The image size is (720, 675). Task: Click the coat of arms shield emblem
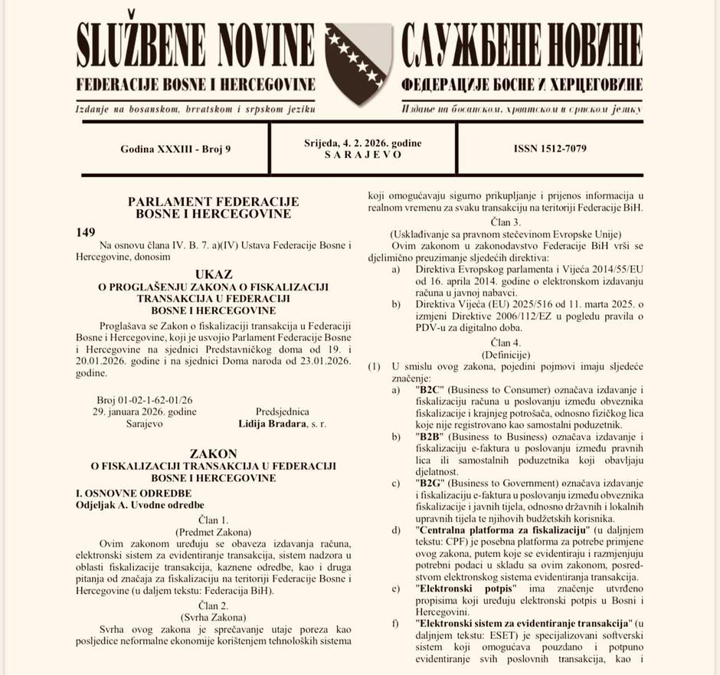pos(358,62)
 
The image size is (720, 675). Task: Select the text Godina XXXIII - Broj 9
pos(175,149)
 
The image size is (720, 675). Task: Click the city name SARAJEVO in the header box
pos(362,154)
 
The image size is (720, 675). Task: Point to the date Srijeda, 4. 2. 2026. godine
pos(362,143)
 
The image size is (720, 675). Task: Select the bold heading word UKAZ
pos(214,274)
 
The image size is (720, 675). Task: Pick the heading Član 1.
pos(214,519)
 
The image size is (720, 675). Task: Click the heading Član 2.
pos(214,605)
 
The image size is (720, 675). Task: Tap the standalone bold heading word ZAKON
pos(214,454)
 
